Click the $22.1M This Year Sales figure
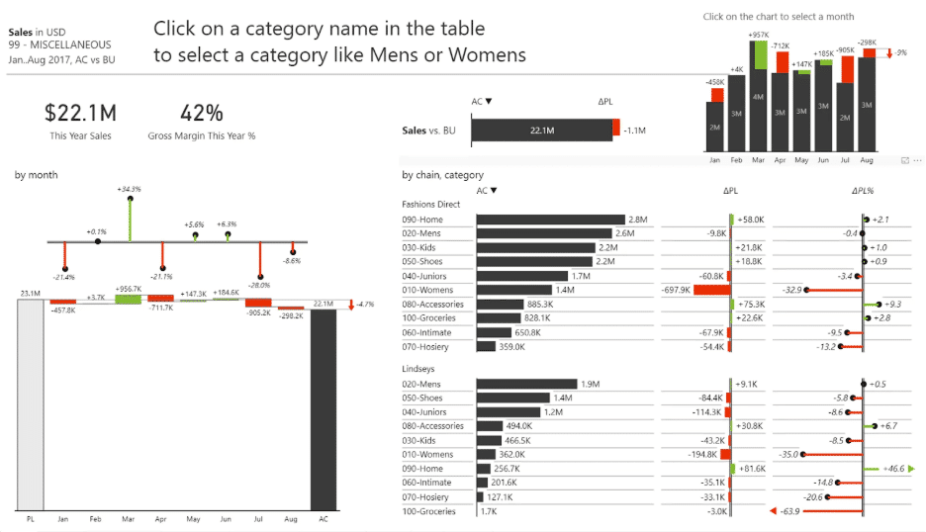pos(80,113)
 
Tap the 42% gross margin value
pos(201,113)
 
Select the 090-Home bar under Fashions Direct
pos(550,220)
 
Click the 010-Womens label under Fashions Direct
pos(426,290)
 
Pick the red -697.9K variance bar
pos(710,290)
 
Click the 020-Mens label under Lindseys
pos(422,384)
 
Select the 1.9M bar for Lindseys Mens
pos(526,384)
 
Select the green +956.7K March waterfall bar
pos(128,299)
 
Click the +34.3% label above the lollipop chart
pos(129,188)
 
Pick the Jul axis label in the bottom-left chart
pos(258,518)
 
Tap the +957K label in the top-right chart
pos(759,35)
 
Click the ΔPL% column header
pos(863,191)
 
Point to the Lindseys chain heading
pos(418,369)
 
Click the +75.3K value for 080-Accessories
pos(752,305)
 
